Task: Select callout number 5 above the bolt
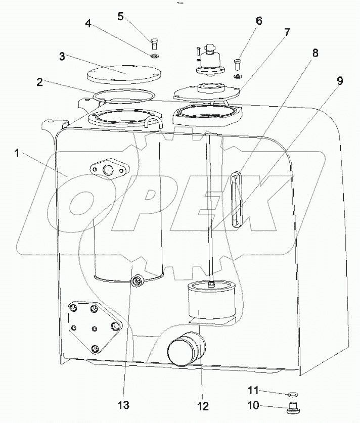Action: pos(120,16)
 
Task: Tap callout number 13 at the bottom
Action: pos(124,405)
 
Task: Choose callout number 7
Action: pos(287,32)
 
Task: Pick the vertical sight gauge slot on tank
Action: pos(235,200)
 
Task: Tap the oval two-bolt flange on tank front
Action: pos(108,170)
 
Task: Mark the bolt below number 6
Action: pos(238,65)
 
